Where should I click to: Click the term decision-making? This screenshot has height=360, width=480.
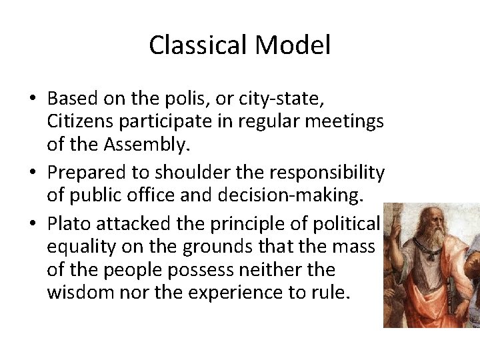coord(303,195)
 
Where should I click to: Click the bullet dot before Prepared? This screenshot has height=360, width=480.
coord(33,173)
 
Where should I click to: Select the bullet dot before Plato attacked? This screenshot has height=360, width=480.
coord(33,225)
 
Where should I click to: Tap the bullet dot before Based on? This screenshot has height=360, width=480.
coord(33,100)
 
